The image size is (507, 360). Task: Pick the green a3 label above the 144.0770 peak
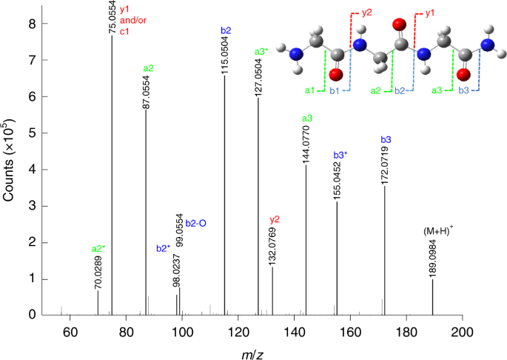[x=307, y=119]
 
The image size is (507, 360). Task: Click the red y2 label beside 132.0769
[x=275, y=219]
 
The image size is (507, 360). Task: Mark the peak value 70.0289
[x=98, y=270]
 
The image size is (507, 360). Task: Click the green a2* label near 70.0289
[x=98, y=248]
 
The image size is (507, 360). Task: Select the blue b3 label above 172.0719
[x=386, y=140]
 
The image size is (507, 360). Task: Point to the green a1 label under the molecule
[x=309, y=90]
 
